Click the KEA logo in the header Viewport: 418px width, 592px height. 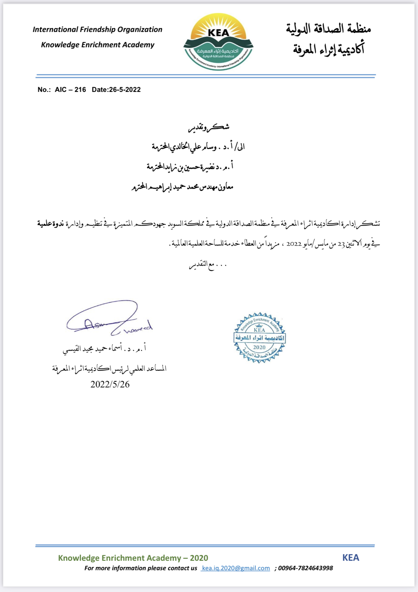(x=218, y=42)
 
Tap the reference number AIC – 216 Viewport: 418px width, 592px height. (x=70, y=90)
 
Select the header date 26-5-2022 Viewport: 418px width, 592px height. (x=125, y=90)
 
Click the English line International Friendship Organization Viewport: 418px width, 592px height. (x=97, y=30)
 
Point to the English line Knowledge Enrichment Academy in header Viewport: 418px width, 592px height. (x=98, y=45)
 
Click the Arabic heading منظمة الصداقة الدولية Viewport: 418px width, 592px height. (x=328, y=29)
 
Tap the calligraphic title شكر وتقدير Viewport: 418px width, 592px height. (x=209, y=127)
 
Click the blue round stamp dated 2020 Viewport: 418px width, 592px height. (x=259, y=338)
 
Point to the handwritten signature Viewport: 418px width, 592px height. (x=109, y=319)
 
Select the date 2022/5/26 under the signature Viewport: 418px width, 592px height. (x=110, y=384)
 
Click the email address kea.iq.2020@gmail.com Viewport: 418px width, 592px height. (x=236, y=568)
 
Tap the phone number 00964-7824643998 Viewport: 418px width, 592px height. (x=305, y=568)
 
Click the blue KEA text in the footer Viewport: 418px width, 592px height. (x=351, y=558)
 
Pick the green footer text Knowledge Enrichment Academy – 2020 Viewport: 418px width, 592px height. (x=133, y=558)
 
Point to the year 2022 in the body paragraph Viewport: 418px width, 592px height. (x=294, y=244)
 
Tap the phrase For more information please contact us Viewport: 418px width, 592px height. (x=141, y=568)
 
